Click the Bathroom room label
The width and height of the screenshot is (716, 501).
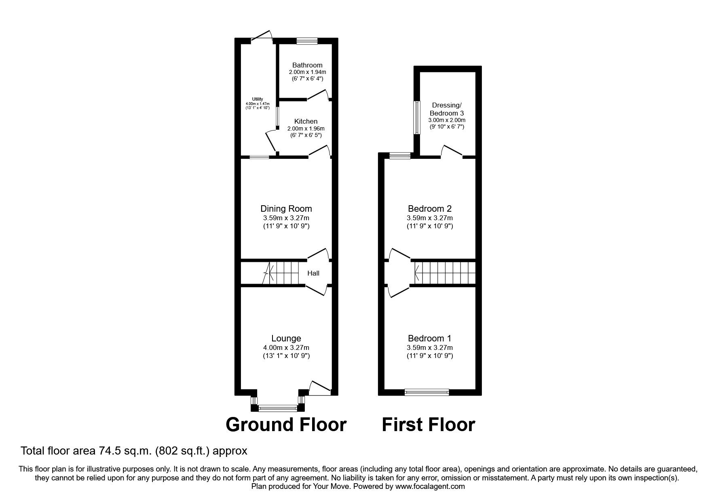(x=307, y=65)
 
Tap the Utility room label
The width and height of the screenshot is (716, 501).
(x=258, y=99)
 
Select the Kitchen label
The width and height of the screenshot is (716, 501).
(x=306, y=121)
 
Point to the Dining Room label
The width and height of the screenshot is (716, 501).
(x=286, y=208)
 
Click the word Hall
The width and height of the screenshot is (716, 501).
(x=313, y=273)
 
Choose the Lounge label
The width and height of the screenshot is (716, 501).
(x=286, y=339)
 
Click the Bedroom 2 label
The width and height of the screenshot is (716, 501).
(x=430, y=208)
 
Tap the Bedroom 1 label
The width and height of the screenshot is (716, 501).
(x=430, y=339)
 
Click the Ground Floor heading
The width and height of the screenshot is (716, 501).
(x=286, y=425)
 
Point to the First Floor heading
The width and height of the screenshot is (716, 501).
(x=429, y=425)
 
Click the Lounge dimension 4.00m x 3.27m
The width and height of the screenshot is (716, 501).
(x=286, y=347)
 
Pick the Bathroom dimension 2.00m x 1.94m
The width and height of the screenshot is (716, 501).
(x=307, y=72)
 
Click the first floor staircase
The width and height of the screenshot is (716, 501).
(x=445, y=273)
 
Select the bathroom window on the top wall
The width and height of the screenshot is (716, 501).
(x=307, y=40)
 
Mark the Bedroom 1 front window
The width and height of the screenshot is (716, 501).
(x=427, y=392)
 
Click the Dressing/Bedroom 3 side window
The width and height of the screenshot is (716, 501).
(x=416, y=117)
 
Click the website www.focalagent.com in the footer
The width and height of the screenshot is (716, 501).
(x=430, y=486)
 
